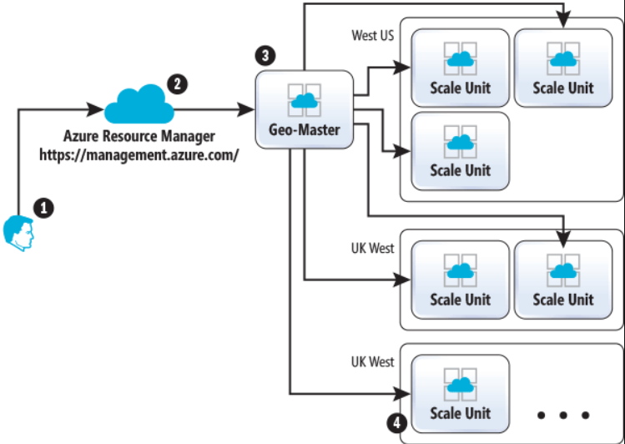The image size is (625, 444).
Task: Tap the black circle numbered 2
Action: click(177, 83)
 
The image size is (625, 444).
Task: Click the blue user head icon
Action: click(19, 232)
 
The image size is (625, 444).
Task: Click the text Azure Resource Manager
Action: click(139, 136)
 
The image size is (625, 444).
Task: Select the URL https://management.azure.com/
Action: click(139, 154)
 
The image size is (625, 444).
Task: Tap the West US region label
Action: click(373, 36)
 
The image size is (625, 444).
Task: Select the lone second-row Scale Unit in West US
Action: click(460, 150)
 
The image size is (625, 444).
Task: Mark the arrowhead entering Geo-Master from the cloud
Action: click(250, 108)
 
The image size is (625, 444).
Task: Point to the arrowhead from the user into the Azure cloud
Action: click(98, 108)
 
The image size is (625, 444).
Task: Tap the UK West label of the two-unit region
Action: click(373, 248)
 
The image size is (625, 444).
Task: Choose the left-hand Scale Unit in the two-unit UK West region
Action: click(460, 280)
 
